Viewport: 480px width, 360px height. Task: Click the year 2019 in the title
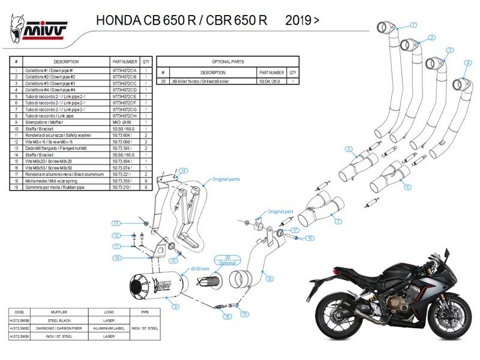302,20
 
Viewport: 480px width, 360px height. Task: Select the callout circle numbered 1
413,25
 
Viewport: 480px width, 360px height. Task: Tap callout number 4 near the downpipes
468,63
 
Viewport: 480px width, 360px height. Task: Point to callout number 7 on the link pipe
338,222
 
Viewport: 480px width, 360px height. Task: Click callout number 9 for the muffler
175,307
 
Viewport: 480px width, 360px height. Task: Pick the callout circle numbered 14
184,171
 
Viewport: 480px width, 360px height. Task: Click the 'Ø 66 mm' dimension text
198,268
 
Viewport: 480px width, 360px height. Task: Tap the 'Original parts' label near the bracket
226,179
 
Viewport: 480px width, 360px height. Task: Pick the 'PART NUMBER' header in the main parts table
125,61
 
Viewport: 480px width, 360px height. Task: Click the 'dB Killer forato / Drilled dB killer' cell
204,80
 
